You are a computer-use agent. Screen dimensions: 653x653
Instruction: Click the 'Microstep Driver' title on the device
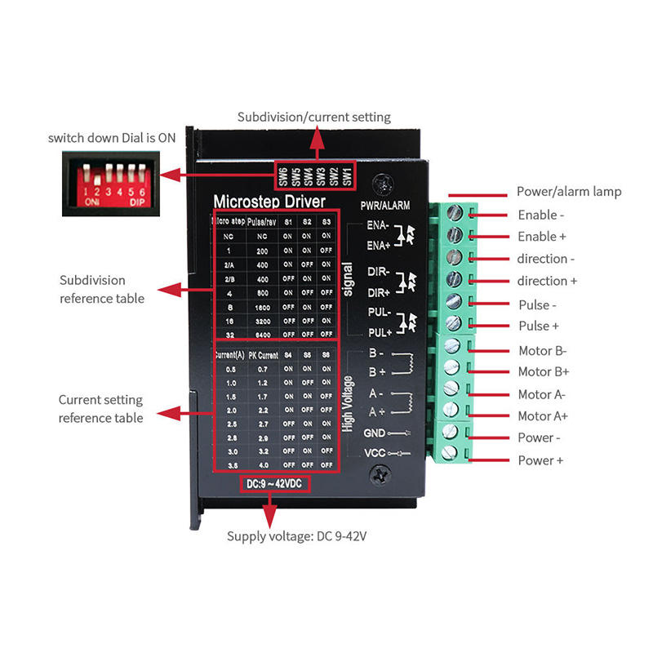click(x=269, y=201)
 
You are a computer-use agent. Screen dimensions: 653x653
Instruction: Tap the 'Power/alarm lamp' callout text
click(x=569, y=192)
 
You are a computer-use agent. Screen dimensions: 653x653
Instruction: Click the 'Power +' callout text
click(x=540, y=460)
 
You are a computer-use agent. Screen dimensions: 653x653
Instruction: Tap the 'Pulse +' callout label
click(x=539, y=326)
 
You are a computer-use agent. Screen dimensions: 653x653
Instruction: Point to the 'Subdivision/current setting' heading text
click(x=314, y=117)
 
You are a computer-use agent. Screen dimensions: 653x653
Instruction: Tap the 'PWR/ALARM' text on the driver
click(x=384, y=205)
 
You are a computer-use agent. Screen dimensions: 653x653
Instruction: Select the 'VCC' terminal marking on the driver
click(x=374, y=453)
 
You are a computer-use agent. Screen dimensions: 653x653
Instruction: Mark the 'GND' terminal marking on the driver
click(x=374, y=433)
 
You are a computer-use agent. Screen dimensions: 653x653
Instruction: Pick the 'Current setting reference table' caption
click(x=100, y=409)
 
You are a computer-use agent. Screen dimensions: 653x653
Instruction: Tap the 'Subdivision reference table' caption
click(x=102, y=289)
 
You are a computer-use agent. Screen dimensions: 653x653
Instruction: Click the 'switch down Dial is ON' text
click(x=112, y=138)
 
